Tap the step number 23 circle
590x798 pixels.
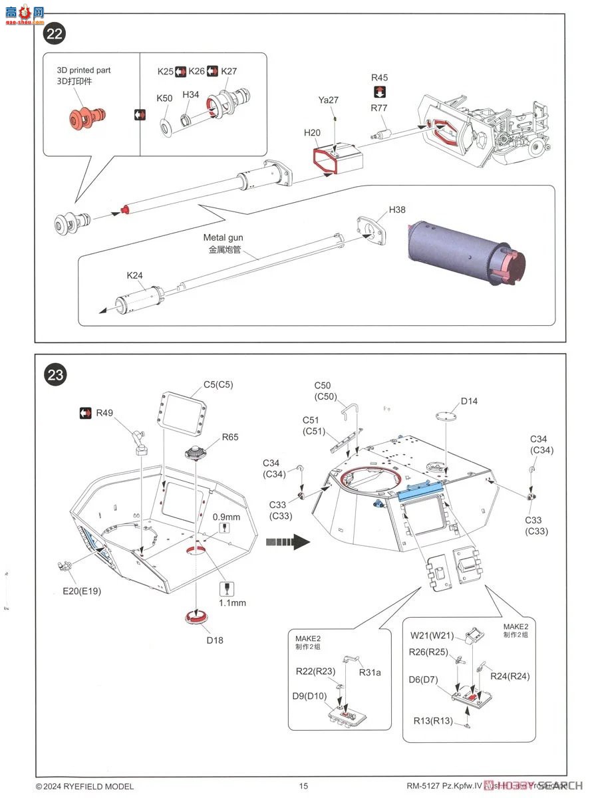(x=55, y=375)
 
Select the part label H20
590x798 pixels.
(x=312, y=133)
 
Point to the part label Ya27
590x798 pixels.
(x=328, y=100)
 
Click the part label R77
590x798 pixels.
(x=379, y=108)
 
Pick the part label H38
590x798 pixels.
(x=397, y=210)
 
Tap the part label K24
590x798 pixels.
(x=135, y=275)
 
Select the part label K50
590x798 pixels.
(x=164, y=98)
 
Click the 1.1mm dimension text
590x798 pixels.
(x=233, y=603)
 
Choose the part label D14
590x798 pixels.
(x=468, y=402)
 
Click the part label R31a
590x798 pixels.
(x=370, y=672)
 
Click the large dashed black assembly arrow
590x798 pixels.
(x=287, y=542)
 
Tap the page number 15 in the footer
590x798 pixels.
(x=304, y=786)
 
